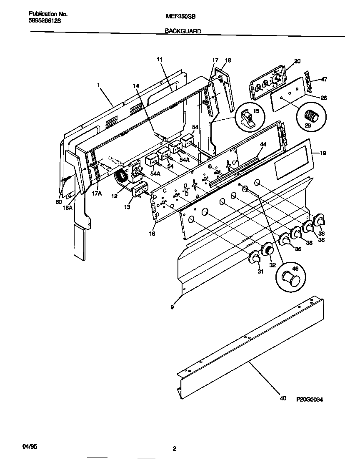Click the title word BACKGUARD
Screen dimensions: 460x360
[183, 31]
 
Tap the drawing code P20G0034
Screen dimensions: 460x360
[310, 399]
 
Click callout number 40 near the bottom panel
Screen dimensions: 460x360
[283, 399]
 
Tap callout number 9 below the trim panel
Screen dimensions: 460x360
[172, 307]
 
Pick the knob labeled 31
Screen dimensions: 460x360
[254, 259]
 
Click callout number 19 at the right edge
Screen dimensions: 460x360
[323, 153]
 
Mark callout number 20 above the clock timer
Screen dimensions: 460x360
[297, 61]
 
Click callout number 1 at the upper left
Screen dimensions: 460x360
[98, 85]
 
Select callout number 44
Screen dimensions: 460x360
[263, 144]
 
